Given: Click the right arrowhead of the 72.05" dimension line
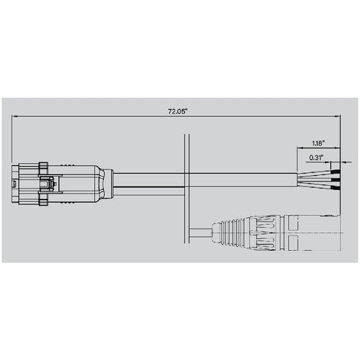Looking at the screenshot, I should tap(340, 117).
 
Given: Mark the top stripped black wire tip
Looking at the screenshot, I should tap(337, 171).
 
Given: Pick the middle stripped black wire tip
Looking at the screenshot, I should tap(337, 180).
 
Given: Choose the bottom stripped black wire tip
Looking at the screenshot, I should tap(337, 188).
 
